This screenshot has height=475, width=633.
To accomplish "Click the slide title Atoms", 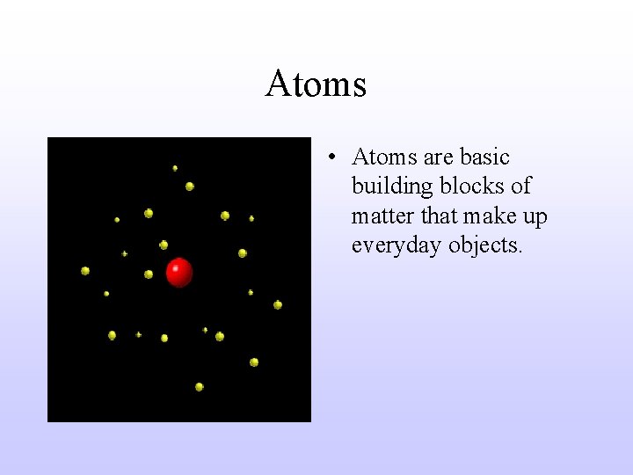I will [316, 84].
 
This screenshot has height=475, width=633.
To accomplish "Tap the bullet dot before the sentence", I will [331, 158].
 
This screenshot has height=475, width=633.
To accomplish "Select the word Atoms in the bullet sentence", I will [384, 157].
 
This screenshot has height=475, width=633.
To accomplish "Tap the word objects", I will [485, 246].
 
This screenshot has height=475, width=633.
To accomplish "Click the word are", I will [438, 158].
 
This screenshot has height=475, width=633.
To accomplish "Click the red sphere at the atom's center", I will [179, 273].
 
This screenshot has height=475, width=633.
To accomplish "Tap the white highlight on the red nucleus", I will [175, 267].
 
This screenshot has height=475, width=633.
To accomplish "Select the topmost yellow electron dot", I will [175, 167].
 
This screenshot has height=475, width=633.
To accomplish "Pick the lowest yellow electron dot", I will [200, 386].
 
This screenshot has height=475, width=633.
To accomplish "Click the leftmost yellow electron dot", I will [85, 271].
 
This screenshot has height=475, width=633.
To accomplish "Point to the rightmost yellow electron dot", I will [278, 305].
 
